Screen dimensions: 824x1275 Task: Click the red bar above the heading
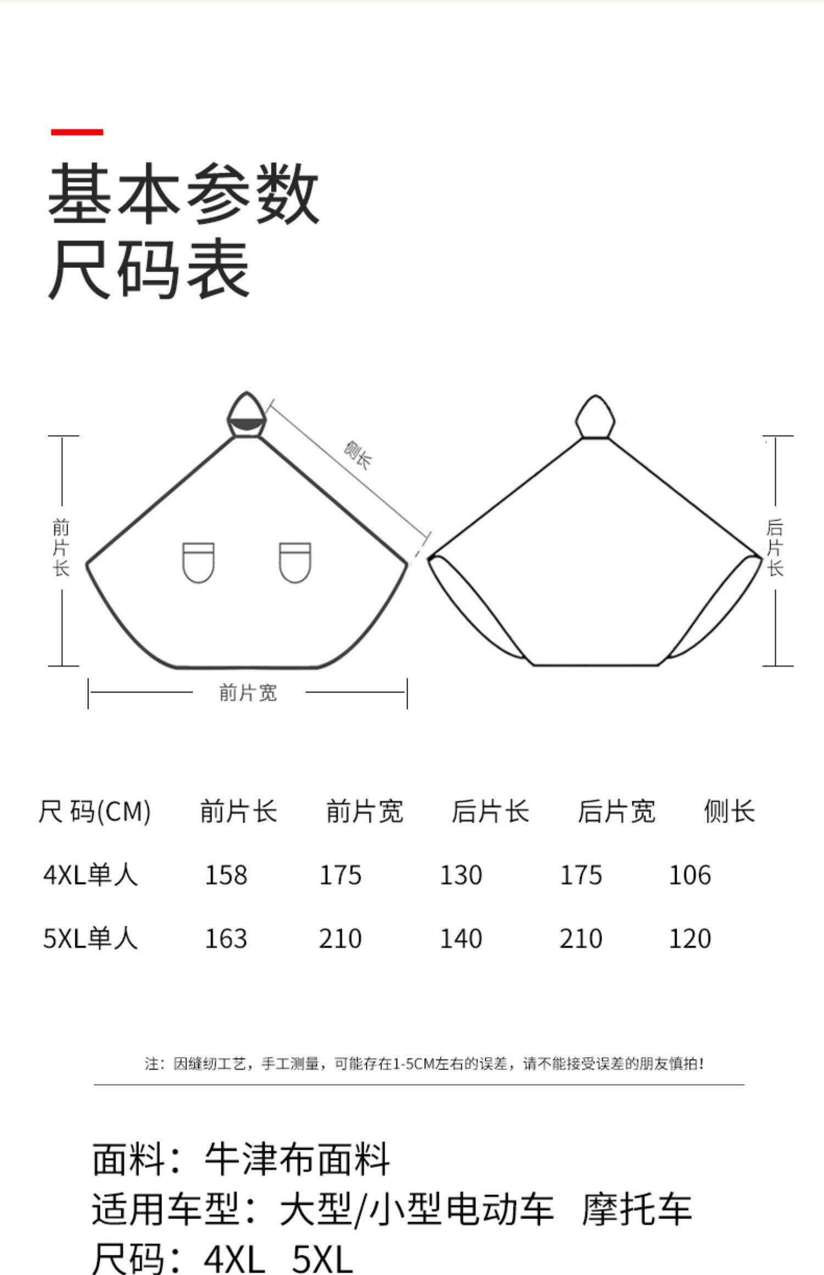[77, 132]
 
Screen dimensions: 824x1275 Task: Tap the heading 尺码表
[149, 269]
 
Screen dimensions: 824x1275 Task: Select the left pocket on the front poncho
[198, 562]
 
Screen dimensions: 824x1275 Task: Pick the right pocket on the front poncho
[295, 562]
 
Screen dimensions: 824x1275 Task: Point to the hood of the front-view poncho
[247, 415]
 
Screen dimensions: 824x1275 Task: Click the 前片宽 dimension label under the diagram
[248, 693]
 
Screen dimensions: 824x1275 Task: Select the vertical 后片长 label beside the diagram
[775, 547]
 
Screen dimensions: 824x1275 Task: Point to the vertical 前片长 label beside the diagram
[61, 547]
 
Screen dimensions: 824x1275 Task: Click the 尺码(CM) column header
[94, 812]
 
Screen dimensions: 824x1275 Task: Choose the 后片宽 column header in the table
[616, 812]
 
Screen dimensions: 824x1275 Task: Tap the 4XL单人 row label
[91, 875]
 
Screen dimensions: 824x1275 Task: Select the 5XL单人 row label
[91, 938]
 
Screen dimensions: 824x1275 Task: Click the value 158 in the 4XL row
[226, 875]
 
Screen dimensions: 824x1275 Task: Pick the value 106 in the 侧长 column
[689, 875]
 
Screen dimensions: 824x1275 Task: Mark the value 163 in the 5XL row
[226, 938]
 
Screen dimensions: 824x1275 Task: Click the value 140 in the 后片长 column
[461, 938]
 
